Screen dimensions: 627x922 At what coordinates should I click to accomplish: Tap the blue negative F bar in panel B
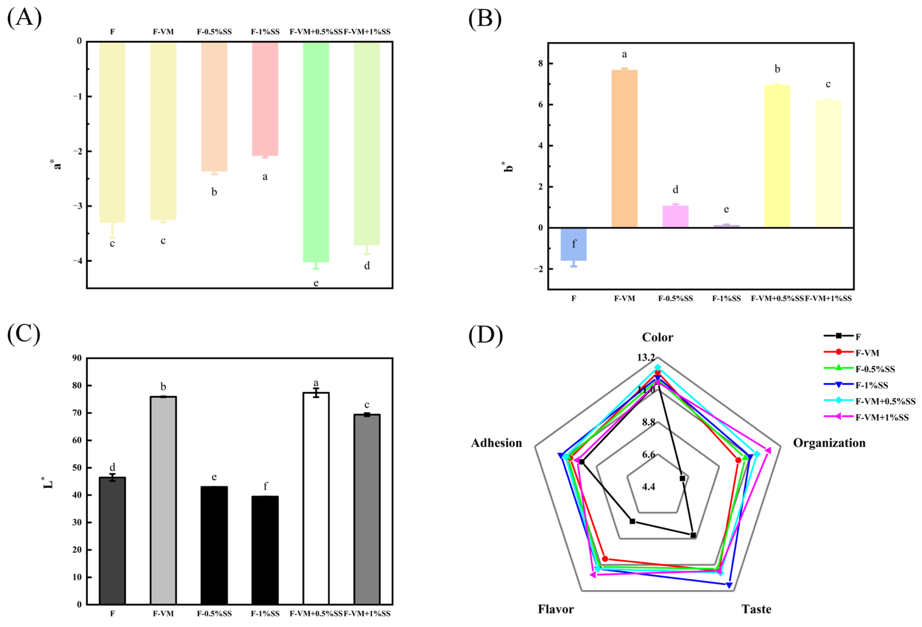point(574,244)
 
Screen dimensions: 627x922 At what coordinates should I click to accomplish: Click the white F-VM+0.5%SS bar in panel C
point(316,498)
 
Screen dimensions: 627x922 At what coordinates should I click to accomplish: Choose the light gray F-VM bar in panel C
point(163,500)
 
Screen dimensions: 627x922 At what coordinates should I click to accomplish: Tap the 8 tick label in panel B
point(541,64)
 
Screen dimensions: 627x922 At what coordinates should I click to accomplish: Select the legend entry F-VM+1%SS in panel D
point(882,417)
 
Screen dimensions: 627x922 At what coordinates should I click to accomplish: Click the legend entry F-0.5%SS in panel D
point(875,369)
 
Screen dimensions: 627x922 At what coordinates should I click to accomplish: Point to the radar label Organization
point(829,443)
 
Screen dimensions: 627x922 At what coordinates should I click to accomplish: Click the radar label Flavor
point(556,609)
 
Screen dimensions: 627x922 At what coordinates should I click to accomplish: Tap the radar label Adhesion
point(496,443)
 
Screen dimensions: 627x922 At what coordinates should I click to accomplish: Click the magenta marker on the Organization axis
point(768,450)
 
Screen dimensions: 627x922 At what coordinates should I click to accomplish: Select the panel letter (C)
point(24,334)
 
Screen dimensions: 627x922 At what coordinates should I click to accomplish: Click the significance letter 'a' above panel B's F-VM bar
point(625,55)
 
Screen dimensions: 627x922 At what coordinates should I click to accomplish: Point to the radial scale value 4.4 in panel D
point(649,487)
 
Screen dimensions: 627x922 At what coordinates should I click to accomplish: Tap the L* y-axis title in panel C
point(48,483)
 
